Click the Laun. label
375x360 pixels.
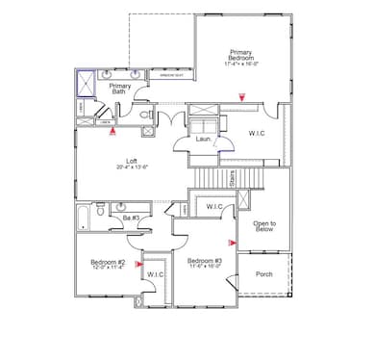[x=204, y=140]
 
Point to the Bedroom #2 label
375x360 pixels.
[x=109, y=262]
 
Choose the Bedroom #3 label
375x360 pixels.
[x=205, y=262]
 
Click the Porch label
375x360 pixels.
[x=263, y=273]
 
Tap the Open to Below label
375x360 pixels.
[x=264, y=227]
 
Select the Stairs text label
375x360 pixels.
[x=234, y=178]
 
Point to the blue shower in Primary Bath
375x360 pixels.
[x=87, y=83]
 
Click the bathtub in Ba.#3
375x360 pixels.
[x=85, y=216]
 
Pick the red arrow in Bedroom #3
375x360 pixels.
[x=231, y=243]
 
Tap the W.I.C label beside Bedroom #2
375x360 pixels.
[x=154, y=275]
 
